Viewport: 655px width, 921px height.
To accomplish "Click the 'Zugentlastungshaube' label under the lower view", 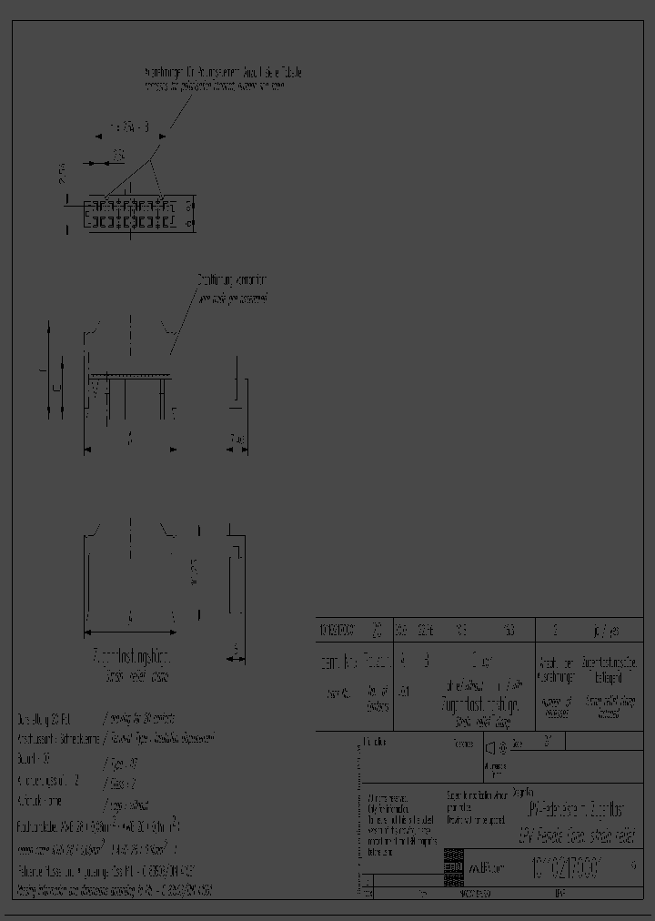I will coord(133,655).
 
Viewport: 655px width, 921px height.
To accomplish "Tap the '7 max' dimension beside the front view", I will coord(237,440).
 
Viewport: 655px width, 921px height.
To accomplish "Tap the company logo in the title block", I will coord(452,868).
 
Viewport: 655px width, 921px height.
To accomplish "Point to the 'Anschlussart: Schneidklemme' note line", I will coord(59,739).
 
